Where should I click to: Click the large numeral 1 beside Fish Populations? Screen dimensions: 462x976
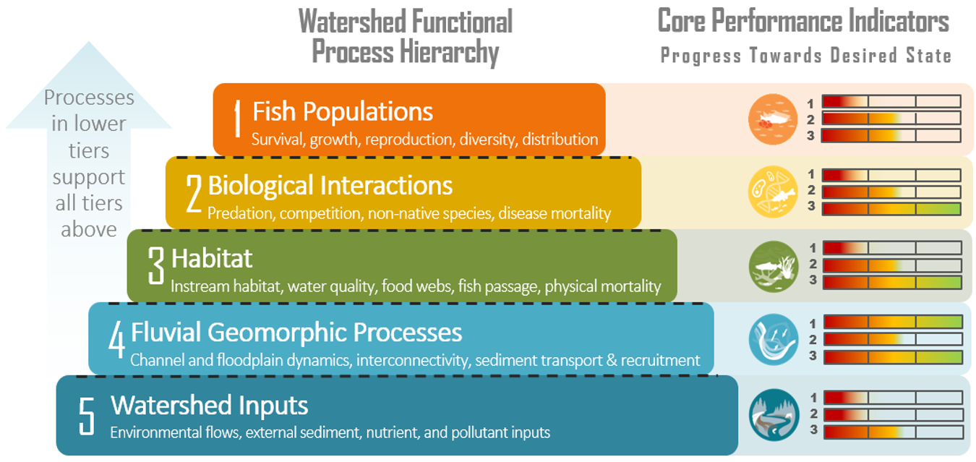point(236,119)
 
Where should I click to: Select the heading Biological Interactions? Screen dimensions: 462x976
point(330,186)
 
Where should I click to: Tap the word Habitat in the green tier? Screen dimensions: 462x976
point(212,258)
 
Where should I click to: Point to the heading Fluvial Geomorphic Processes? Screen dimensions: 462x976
point(296,333)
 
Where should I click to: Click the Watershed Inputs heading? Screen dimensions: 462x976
point(209,405)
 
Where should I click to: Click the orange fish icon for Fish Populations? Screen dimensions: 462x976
point(773,119)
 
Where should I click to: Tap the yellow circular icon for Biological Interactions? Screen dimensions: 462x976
point(773,192)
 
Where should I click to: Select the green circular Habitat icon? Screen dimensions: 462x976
point(773,266)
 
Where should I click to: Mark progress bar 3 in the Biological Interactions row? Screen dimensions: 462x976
point(892,208)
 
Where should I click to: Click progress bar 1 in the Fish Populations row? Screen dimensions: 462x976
point(891,102)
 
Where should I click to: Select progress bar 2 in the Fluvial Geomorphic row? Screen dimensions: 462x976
point(893,339)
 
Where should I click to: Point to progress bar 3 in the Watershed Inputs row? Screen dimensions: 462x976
point(893,432)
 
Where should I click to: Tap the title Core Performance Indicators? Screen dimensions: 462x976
point(802,22)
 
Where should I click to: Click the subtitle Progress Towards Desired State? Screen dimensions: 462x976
point(805,56)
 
